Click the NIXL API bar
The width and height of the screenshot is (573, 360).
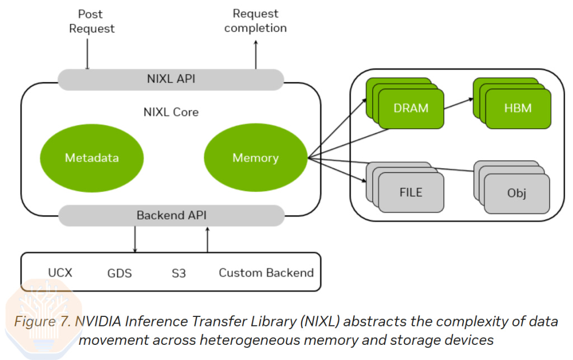point(171,79)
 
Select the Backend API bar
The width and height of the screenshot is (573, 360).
point(171,215)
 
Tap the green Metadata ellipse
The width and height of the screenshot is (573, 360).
point(92,157)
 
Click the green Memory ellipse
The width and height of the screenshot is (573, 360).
point(255,157)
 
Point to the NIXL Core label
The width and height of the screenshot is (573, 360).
point(171,112)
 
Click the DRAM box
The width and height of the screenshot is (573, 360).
point(411,108)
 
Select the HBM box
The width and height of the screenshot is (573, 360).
point(518,108)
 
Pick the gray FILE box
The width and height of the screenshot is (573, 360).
point(411,193)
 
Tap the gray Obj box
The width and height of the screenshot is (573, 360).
point(516,194)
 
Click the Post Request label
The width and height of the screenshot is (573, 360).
point(92,21)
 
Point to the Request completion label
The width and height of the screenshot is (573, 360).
point(255,21)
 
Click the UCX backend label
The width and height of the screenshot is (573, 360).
point(60,273)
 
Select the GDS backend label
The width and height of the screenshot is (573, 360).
point(119,273)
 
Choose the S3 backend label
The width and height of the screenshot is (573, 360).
point(179,273)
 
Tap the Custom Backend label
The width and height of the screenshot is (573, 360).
point(266,273)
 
